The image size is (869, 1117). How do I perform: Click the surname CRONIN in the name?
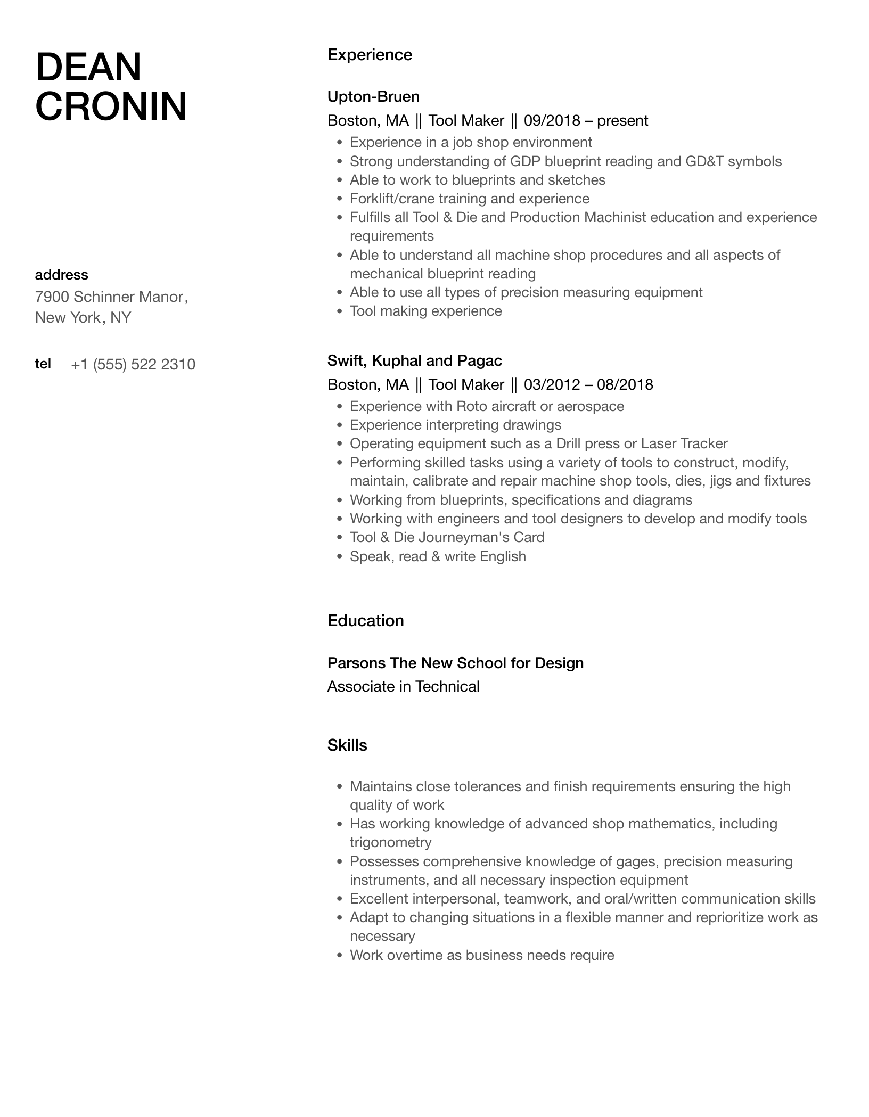[x=111, y=106]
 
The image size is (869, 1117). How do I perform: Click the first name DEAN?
[x=88, y=68]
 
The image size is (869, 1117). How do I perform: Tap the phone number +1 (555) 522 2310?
[x=133, y=364]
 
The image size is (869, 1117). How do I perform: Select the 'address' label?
[x=61, y=275]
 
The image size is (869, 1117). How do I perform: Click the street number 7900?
[x=52, y=297]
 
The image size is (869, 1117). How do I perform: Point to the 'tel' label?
[x=43, y=364]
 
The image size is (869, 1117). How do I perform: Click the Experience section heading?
[x=370, y=55]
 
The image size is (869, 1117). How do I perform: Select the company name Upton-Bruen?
[x=373, y=96]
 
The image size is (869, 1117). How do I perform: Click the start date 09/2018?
[x=552, y=120]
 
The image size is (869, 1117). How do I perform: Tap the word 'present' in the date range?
[x=622, y=120]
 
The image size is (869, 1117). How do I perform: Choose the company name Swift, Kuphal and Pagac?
[x=414, y=360]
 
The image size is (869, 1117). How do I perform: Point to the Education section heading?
[x=365, y=621]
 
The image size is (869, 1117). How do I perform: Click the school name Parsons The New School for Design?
[x=455, y=663]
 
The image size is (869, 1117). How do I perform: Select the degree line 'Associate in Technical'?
[x=403, y=686]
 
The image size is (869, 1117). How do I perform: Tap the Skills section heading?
[x=347, y=745]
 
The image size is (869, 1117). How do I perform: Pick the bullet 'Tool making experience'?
[x=425, y=311]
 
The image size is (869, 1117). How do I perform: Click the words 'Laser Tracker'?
[x=684, y=443]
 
